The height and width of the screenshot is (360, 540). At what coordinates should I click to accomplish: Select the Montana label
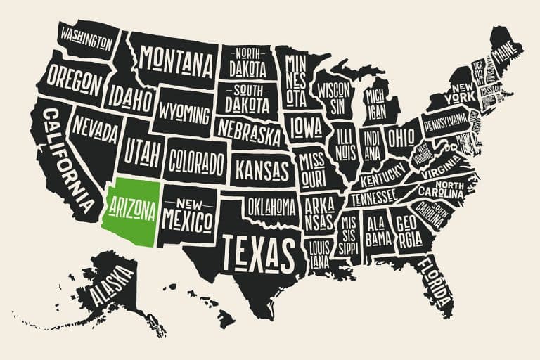[176, 63]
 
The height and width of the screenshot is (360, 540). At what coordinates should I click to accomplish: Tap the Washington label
[86, 37]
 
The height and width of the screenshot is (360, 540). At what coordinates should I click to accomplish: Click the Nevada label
[96, 129]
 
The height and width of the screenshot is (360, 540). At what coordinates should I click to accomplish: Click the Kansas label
[262, 169]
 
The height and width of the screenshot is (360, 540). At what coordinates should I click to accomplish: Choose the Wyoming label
[184, 112]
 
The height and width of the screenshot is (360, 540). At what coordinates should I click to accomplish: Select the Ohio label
[401, 134]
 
